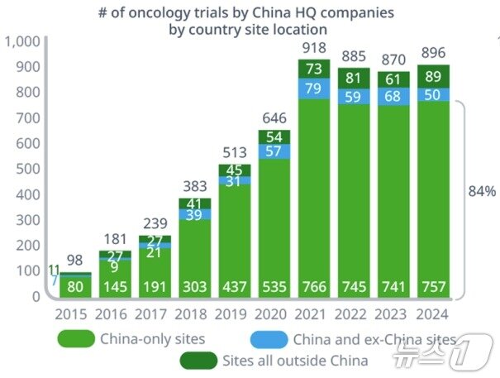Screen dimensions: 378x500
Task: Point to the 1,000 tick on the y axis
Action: pyautogui.click(x=22, y=41)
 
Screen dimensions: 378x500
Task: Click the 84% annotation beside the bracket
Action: pyautogui.click(x=481, y=191)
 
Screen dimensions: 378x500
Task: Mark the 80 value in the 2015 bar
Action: pyautogui.click(x=74, y=287)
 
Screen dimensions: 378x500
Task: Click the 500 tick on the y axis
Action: pyautogui.click(x=27, y=169)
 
